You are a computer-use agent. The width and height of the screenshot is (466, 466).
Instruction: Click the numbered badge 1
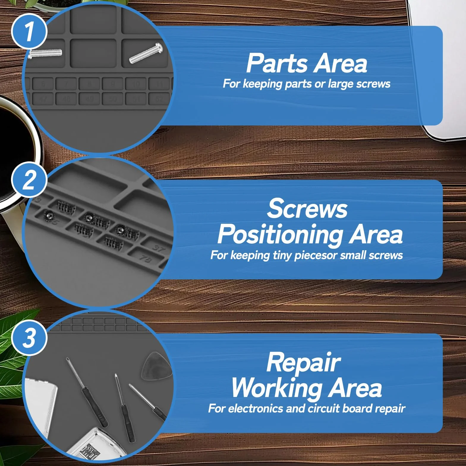(x=29, y=31)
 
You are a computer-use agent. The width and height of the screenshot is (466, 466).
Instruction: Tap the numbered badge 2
(x=29, y=180)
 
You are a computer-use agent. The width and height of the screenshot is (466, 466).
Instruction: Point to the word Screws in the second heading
(x=307, y=208)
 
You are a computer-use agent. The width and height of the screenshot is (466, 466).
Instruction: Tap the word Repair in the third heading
(x=303, y=363)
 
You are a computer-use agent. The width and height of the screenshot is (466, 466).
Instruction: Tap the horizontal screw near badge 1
(x=45, y=53)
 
